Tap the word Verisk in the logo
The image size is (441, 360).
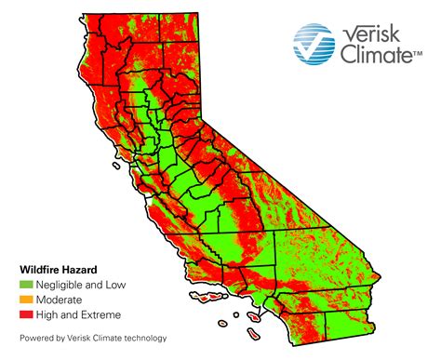[376, 34]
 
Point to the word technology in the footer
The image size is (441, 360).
[144, 338]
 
